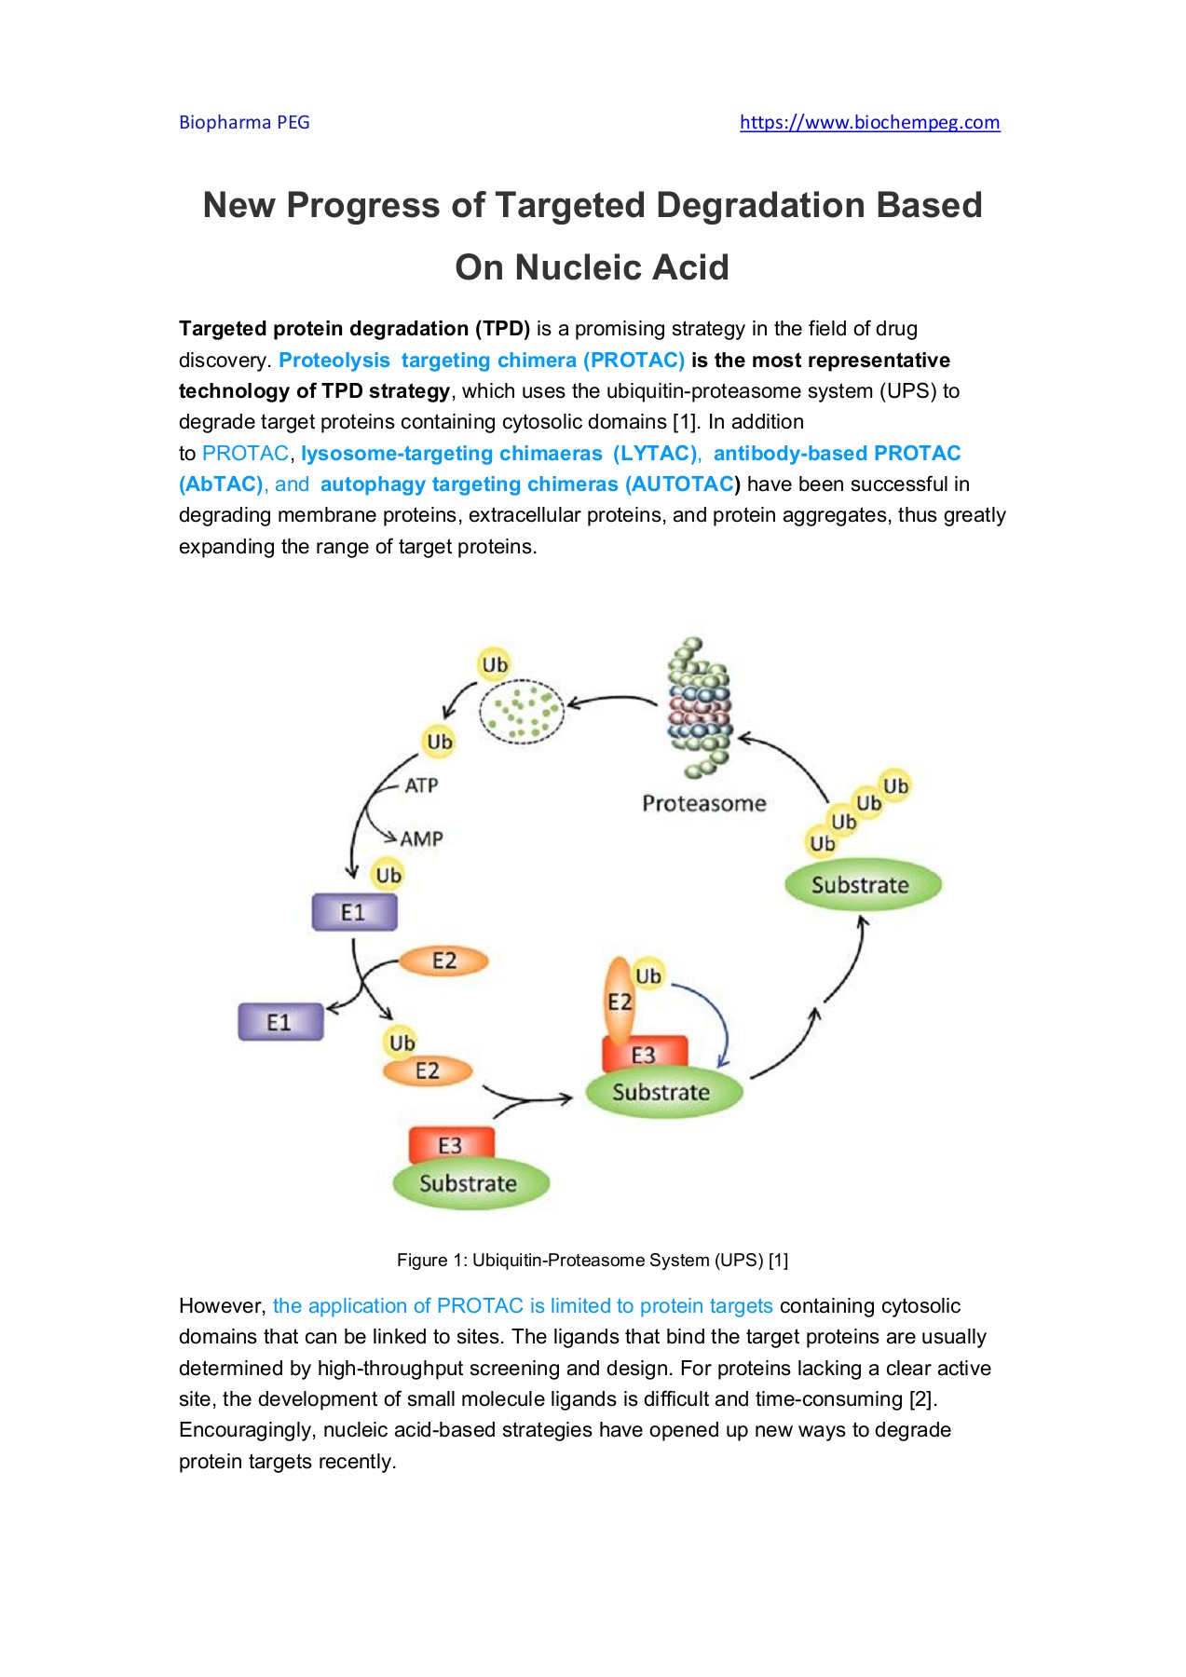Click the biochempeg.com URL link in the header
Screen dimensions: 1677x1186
[869, 122]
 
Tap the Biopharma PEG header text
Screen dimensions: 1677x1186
[244, 122]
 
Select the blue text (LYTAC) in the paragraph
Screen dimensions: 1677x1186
[655, 453]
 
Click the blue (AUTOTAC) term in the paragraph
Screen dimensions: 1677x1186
[682, 484]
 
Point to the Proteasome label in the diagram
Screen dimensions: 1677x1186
[703, 803]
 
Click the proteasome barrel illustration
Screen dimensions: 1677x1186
[699, 708]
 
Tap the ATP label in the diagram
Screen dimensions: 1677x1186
[421, 785]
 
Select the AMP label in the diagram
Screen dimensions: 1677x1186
[421, 838]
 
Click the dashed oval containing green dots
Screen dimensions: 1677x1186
[522, 712]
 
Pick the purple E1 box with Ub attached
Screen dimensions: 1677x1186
[354, 912]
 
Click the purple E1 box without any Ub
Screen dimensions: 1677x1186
[280, 1022]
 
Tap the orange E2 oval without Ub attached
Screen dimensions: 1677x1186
[444, 961]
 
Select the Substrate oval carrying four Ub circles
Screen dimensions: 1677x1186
[862, 884]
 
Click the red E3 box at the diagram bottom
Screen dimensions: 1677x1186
[451, 1145]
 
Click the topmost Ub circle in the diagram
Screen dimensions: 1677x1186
[495, 664]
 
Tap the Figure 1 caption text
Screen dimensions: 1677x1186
[593, 1261]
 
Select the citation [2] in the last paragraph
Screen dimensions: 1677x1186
[921, 1399]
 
